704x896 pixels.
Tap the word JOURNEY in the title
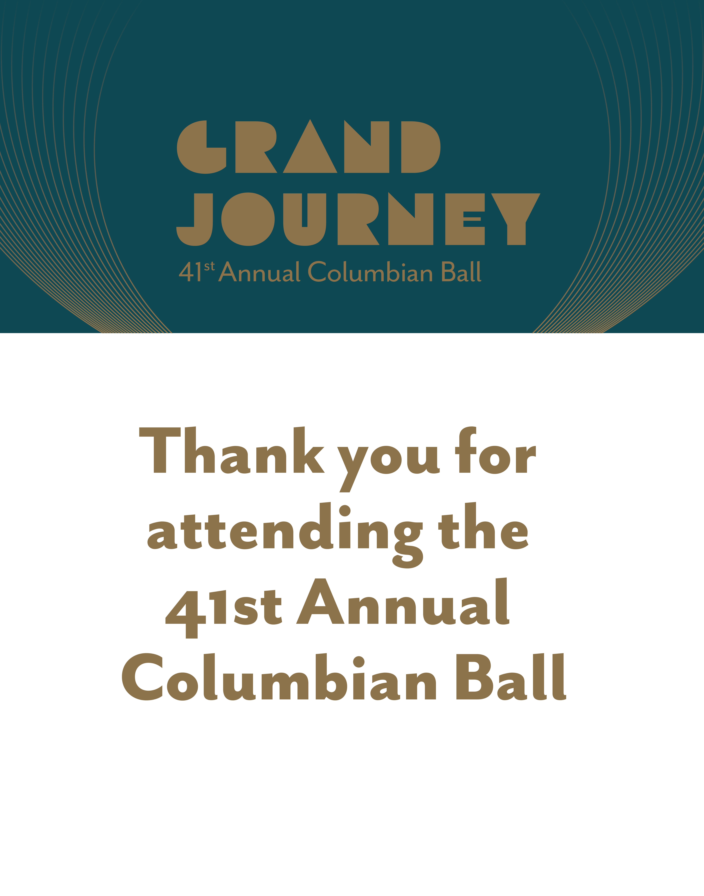point(358,219)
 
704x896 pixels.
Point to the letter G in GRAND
point(202,147)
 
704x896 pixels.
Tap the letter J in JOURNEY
point(195,219)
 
